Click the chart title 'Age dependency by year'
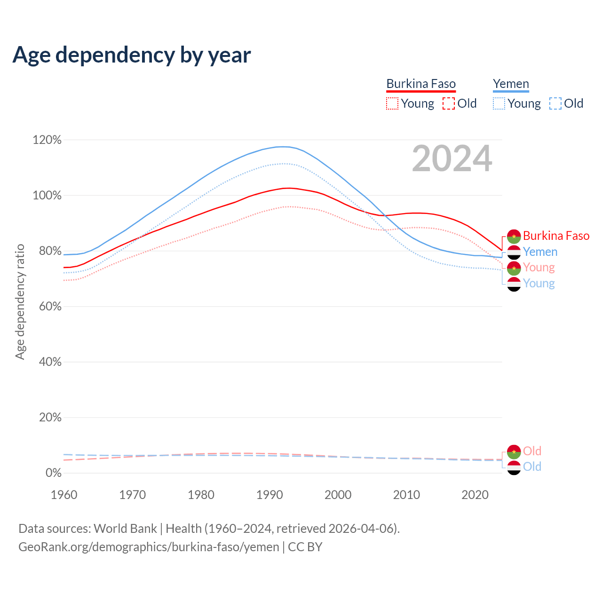(x=132, y=55)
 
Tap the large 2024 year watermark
(x=452, y=158)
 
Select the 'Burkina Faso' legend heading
(x=421, y=84)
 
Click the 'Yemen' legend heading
(x=511, y=84)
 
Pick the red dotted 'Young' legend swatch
(x=392, y=103)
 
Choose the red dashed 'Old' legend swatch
(x=449, y=103)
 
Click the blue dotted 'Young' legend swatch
(x=499, y=103)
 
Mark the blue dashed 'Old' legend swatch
(x=555, y=103)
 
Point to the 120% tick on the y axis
(x=47, y=140)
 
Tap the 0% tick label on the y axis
(x=53, y=473)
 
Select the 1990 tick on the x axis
(x=269, y=495)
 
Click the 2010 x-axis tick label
(x=406, y=495)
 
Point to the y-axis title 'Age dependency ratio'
(x=20, y=301)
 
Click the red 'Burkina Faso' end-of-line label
(x=556, y=236)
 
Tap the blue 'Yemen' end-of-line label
(x=540, y=252)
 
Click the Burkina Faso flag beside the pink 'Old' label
(x=514, y=451)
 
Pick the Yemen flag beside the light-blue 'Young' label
(x=514, y=284)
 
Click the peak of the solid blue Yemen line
(x=281, y=147)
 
